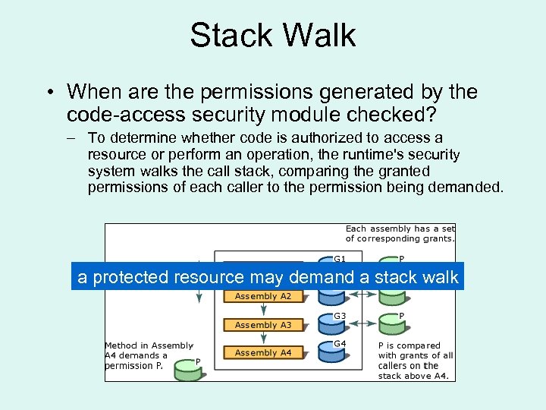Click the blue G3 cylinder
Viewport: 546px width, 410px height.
tap(331, 324)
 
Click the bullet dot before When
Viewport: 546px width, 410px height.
tap(48, 93)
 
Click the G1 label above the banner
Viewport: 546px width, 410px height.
tap(340, 259)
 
